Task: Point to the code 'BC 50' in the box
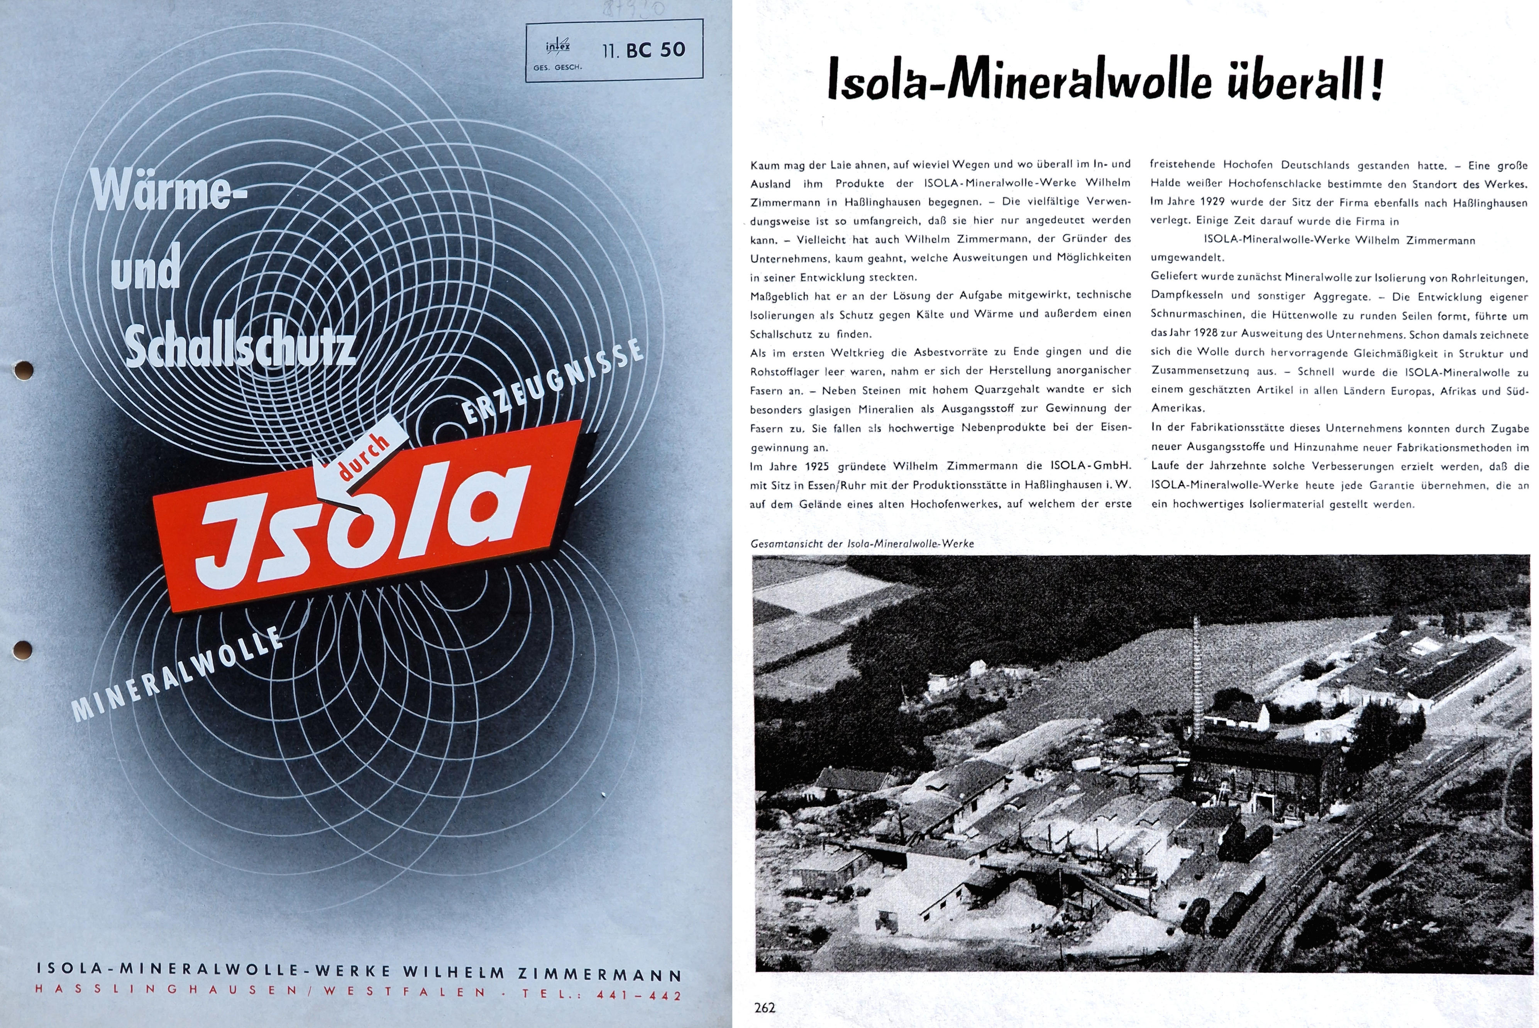pyautogui.click(x=655, y=50)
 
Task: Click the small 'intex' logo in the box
pyautogui.click(x=557, y=47)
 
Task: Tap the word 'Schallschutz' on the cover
pyautogui.click(x=240, y=348)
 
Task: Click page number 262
pyautogui.click(x=765, y=1007)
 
